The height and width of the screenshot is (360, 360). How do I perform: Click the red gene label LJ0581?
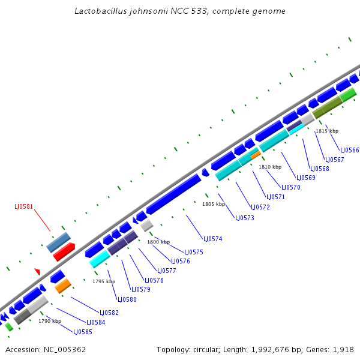[x=24, y=207]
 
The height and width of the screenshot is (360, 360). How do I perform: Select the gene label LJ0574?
[x=213, y=239]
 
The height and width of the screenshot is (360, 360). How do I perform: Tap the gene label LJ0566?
[x=350, y=150]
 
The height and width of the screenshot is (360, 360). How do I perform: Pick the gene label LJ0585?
[x=83, y=332]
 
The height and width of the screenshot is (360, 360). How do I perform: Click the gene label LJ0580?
[x=127, y=299]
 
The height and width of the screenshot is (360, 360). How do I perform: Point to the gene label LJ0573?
[x=245, y=218]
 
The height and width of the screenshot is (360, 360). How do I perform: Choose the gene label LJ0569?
[x=305, y=178]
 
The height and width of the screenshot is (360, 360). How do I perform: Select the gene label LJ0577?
[x=166, y=271]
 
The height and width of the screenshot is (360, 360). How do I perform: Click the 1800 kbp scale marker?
[x=158, y=242]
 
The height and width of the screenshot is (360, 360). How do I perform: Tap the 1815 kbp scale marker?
[x=327, y=131]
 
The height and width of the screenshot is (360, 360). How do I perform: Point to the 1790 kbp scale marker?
[x=50, y=321]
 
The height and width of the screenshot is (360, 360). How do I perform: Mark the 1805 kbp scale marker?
[x=214, y=204]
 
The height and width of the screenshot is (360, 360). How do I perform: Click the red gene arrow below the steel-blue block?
[x=64, y=252]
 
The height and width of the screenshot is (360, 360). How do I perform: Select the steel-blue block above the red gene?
[x=58, y=242]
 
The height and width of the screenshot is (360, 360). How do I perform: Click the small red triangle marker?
[x=37, y=271]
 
